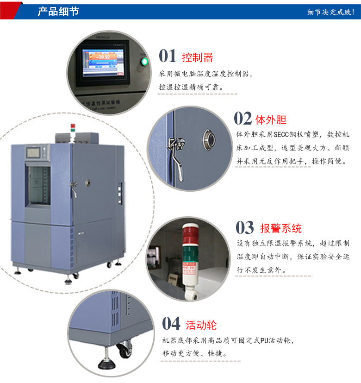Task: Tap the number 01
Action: (168, 56)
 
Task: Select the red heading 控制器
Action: (198, 57)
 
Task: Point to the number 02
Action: (243, 119)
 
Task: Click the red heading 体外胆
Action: (271, 120)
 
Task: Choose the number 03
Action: (245, 228)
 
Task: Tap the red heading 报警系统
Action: (280, 228)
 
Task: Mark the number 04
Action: (171, 324)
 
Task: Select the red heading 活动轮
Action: (201, 325)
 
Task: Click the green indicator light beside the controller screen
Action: (144, 61)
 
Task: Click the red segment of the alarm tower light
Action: (189, 236)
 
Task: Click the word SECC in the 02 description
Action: (281, 134)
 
